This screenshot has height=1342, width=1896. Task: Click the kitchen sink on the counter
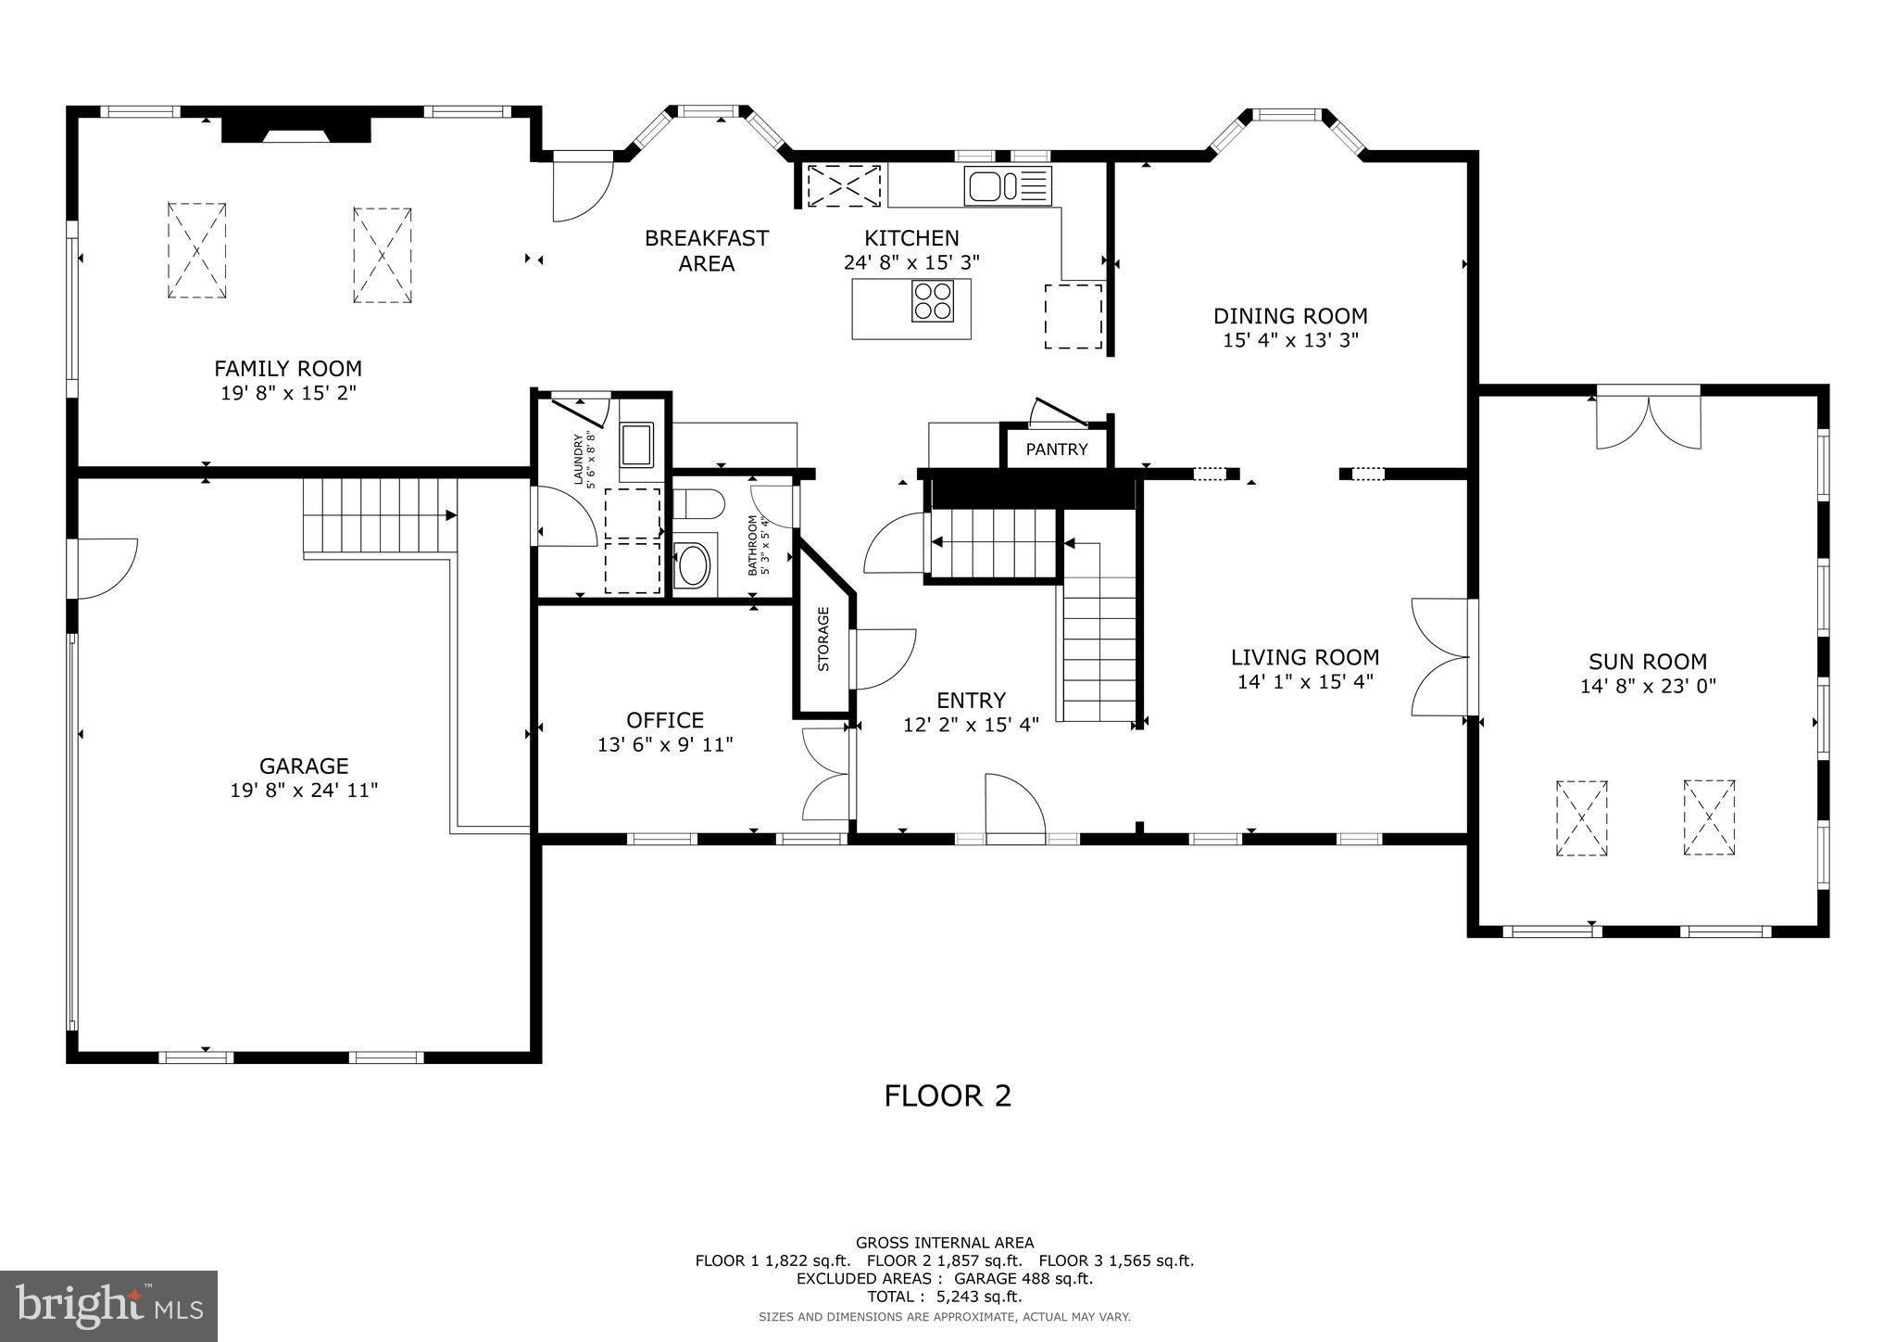point(1008,184)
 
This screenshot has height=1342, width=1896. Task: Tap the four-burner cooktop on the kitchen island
point(933,300)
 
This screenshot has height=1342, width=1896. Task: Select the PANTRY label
point(1056,449)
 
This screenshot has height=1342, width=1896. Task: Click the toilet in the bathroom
point(697,505)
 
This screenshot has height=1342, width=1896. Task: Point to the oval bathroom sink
point(693,565)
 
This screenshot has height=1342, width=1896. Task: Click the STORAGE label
point(822,639)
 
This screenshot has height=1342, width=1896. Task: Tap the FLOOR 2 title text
point(948,1095)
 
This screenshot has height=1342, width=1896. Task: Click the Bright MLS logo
point(108,1306)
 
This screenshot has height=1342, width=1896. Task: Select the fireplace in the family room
point(295,130)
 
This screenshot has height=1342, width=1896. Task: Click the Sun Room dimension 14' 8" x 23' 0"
point(1648,687)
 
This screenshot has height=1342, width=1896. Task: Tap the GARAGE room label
point(304,766)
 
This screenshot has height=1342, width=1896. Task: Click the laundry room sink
point(637,443)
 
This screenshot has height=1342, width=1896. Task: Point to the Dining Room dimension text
point(1290,340)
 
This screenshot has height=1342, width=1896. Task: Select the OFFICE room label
point(665,720)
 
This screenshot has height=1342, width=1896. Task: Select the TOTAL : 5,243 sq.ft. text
point(945,1297)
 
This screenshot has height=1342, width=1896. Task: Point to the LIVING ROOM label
point(1304,657)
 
